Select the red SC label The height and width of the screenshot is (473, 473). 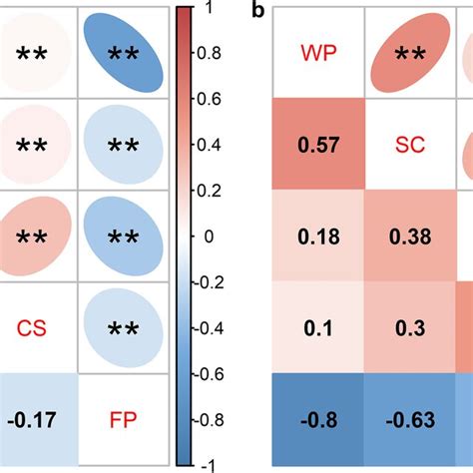pyautogui.click(x=408, y=147)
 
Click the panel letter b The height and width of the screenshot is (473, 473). pyautogui.click(x=258, y=12)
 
